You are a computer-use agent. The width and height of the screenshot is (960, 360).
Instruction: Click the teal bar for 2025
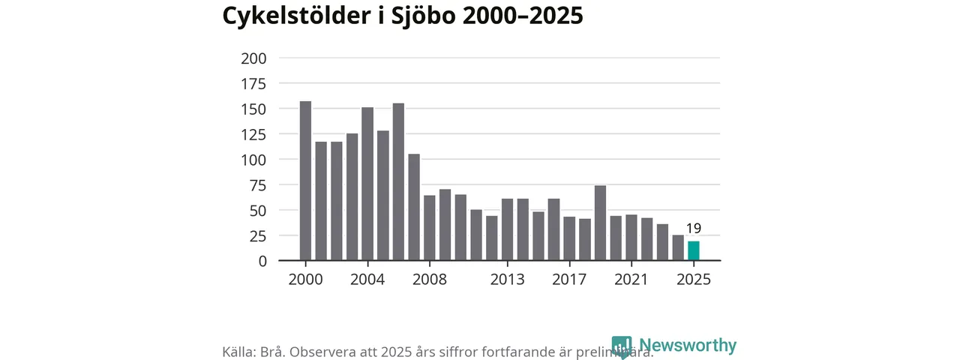coord(694,251)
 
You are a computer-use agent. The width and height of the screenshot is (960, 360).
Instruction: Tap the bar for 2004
coord(367,184)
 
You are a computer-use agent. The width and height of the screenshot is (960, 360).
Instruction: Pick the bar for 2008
coord(430,228)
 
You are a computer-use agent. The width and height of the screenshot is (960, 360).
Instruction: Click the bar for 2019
coord(600,223)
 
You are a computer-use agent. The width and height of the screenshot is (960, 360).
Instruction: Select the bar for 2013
coord(507,229)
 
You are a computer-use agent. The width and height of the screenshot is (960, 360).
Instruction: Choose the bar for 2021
coord(631,238)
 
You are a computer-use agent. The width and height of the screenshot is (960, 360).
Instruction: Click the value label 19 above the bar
coord(694,229)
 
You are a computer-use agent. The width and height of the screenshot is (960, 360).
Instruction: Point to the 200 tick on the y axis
coord(253,58)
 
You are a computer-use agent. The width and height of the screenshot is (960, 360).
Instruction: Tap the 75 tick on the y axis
coord(257,185)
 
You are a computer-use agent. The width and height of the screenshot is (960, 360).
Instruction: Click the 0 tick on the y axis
coord(262,261)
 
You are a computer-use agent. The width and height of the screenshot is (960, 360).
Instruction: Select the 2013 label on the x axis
coord(507,280)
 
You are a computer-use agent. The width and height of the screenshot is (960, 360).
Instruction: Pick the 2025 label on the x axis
coord(694,280)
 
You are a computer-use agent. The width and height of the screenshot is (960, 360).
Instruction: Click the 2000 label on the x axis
coord(305,280)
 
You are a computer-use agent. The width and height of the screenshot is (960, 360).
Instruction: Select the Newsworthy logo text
coord(688,346)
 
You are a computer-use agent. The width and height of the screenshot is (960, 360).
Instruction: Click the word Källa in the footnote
coord(238,352)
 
